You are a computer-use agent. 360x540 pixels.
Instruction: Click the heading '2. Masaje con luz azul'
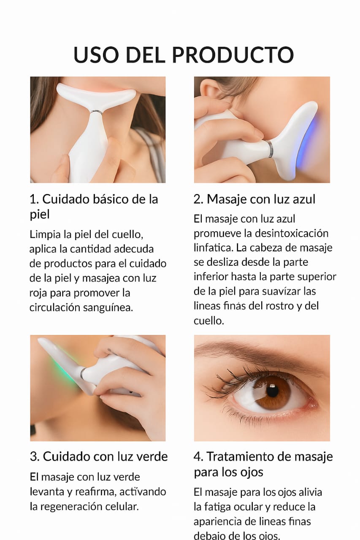click(254, 199)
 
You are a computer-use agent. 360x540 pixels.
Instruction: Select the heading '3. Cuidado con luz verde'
click(99, 456)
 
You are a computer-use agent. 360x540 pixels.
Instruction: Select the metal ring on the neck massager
click(96, 112)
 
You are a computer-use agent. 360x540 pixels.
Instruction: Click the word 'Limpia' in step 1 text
click(45, 234)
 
